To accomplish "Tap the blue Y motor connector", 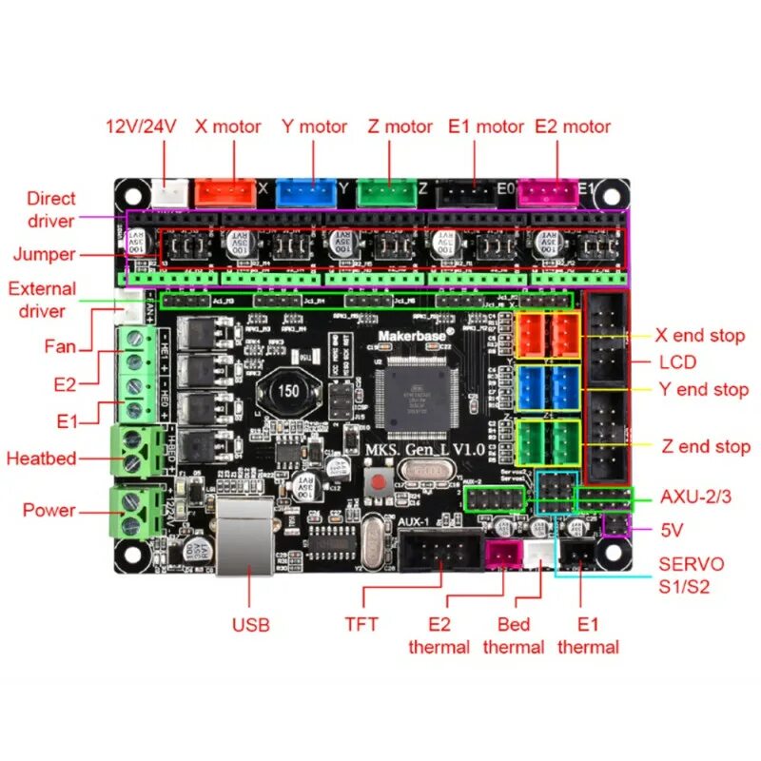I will [x=306, y=191].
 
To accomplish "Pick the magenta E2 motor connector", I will [x=551, y=191].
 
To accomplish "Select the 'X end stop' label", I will [x=700, y=335].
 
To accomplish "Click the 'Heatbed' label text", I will [x=41, y=458].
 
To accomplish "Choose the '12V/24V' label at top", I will [x=141, y=126].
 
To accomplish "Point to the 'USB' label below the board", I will [x=251, y=625].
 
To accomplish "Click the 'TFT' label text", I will [x=361, y=624].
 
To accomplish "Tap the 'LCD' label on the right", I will [x=677, y=361].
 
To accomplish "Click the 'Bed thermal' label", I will [x=514, y=635].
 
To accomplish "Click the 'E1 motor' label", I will [x=486, y=126].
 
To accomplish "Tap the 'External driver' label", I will [x=42, y=300].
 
